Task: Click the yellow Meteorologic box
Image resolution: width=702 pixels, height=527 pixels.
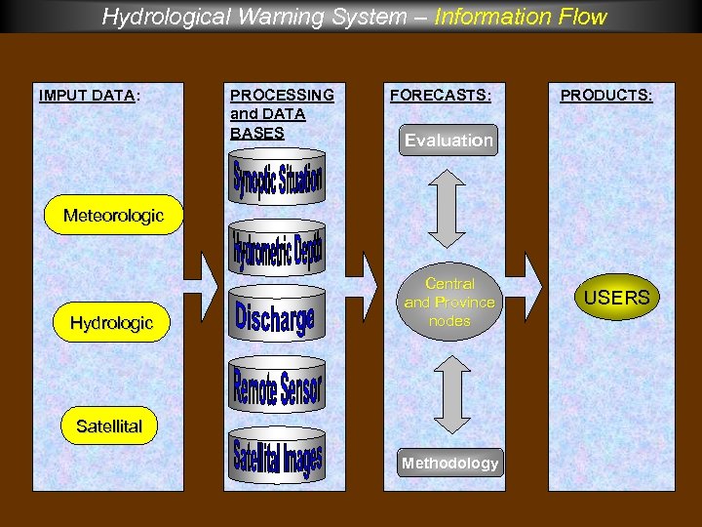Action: pyautogui.click(x=113, y=216)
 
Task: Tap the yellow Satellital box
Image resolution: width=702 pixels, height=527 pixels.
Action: pyautogui.click(x=109, y=426)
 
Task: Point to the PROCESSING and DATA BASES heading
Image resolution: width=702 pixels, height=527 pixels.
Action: pyautogui.click(x=282, y=113)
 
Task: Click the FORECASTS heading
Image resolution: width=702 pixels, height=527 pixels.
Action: pyautogui.click(x=440, y=96)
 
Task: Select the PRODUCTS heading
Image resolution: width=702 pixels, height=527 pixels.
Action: pyautogui.click(x=605, y=96)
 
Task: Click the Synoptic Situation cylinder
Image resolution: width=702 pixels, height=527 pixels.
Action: pyautogui.click(x=277, y=179)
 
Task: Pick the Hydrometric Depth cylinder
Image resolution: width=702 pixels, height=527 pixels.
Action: pyautogui.click(x=277, y=248)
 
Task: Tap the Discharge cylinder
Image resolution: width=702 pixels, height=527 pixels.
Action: pyautogui.click(x=276, y=315)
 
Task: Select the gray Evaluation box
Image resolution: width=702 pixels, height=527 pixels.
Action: pyautogui.click(x=448, y=141)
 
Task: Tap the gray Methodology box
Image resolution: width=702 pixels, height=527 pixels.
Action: pyautogui.click(x=449, y=464)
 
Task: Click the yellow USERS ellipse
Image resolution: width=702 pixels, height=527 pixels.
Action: pyautogui.click(x=616, y=298)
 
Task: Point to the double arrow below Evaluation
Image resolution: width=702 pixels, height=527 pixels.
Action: pyautogui.click(x=448, y=208)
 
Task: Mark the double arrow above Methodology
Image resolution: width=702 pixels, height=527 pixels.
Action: pyautogui.click(x=449, y=394)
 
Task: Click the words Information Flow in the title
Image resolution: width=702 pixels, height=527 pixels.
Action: pyautogui.click(x=521, y=17)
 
